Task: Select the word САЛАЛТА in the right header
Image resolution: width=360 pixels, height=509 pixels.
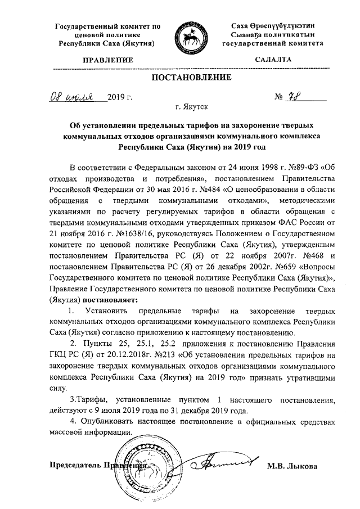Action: coord(273,58)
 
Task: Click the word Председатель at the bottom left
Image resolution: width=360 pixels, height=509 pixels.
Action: coord(73,466)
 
